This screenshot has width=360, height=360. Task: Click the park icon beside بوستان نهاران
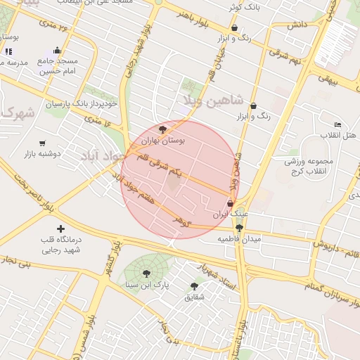(x=163, y=129)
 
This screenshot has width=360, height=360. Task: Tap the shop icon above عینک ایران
(x=231, y=204)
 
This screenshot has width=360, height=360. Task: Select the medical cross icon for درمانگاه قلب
(x=60, y=229)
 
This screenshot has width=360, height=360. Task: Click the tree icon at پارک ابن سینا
(x=146, y=274)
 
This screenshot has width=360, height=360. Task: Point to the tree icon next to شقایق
(x=194, y=286)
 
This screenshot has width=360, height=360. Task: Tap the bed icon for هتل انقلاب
(x=337, y=124)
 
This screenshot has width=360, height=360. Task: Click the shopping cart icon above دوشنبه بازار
(x=43, y=143)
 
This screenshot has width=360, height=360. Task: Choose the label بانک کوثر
(x=243, y=7)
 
